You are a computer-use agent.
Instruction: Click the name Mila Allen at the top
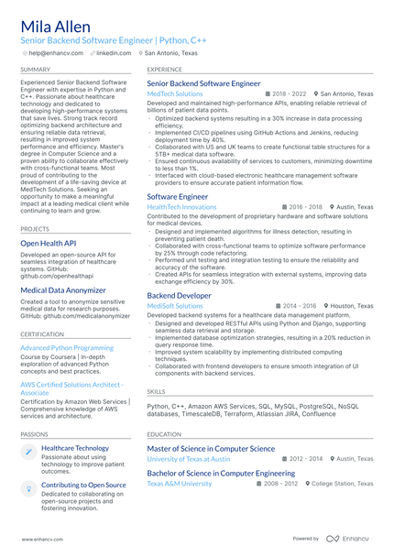click(x=56, y=26)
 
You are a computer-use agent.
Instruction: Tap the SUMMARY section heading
click(x=36, y=69)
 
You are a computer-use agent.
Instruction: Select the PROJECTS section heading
click(x=35, y=228)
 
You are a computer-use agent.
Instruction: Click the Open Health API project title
click(x=48, y=244)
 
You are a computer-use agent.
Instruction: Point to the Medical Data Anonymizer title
click(x=64, y=290)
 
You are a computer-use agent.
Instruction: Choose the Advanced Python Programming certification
click(x=67, y=348)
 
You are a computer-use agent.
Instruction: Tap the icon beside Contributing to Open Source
click(x=28, y=486)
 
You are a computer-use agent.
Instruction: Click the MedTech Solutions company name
click(x=175, y=93)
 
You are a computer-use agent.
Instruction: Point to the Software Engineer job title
click(x=178, y=196)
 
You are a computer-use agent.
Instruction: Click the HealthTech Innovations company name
click(x=181, y=207)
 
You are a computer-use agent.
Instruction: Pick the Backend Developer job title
click(x=179, y=296)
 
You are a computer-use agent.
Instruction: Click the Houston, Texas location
click(x=352, y=306)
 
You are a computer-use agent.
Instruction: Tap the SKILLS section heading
click(x=156, y=391)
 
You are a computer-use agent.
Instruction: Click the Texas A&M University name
click(x=179, y=483)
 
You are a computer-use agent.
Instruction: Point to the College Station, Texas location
click(x=340, y=483)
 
